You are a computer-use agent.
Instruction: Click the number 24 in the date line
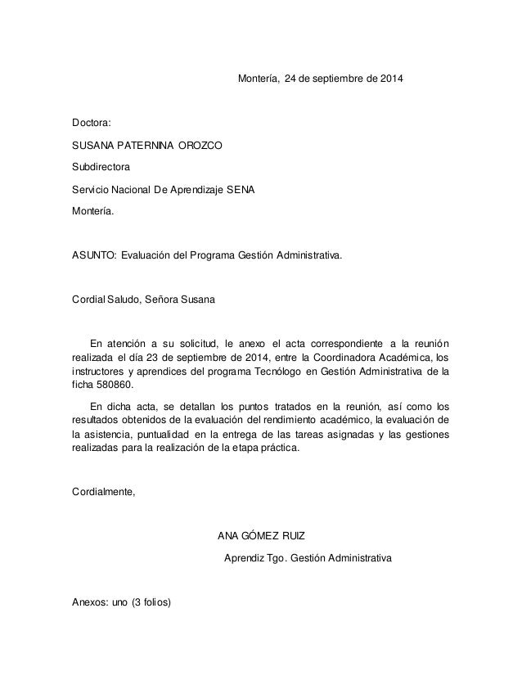point(291,80)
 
